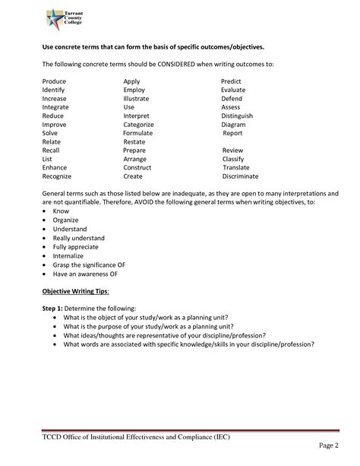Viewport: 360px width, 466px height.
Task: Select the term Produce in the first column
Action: tap(55, 81)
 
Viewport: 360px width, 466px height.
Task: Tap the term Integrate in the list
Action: tap(56, 107)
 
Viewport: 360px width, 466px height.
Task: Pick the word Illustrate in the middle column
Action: tap(138, 98)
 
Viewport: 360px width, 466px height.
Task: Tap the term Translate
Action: tap(236, 168)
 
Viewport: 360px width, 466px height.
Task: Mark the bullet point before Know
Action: tap(46, 212)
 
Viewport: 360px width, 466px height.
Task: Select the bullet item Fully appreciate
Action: tap(75, 247)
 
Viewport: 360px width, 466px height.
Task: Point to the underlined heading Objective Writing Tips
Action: tap(75, 290)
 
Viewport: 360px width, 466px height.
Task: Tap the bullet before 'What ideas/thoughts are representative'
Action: tap(56, 334)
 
